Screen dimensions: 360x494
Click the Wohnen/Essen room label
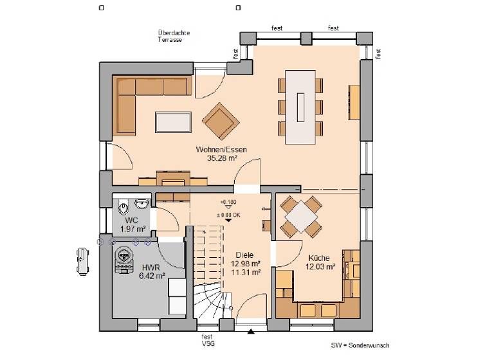(221, 149)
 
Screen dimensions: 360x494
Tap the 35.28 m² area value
(221, 157)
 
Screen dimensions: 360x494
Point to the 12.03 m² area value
(320, 265)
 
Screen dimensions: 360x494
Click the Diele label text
(244, 255)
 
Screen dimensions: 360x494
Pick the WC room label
(131, 221)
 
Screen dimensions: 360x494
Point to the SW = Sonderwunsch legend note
(360, 345)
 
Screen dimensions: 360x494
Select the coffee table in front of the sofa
(173, 121)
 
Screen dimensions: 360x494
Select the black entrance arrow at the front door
(251, 332)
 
